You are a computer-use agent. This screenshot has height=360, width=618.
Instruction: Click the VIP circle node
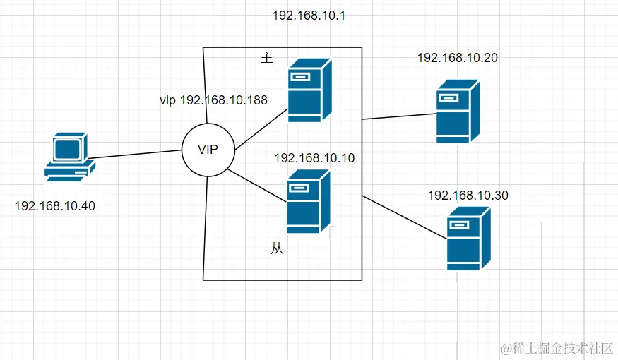point(207,149)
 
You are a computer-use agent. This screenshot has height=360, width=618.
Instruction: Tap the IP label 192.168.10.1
point(308,15)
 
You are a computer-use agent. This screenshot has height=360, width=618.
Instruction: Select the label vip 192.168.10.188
point(213,100)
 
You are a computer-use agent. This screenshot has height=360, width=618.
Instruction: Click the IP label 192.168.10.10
point(314,158)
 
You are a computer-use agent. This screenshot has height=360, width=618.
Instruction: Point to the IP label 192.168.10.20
point(458,58)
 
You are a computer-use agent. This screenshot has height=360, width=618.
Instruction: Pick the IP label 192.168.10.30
point(468,196)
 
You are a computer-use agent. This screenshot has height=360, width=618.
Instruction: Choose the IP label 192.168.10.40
point(54,206)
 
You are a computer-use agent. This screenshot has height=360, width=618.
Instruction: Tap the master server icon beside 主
point(309,90)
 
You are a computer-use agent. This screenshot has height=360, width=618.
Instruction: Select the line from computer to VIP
point(134,154)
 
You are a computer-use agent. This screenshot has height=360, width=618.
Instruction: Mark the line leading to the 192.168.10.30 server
point(405,217)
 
